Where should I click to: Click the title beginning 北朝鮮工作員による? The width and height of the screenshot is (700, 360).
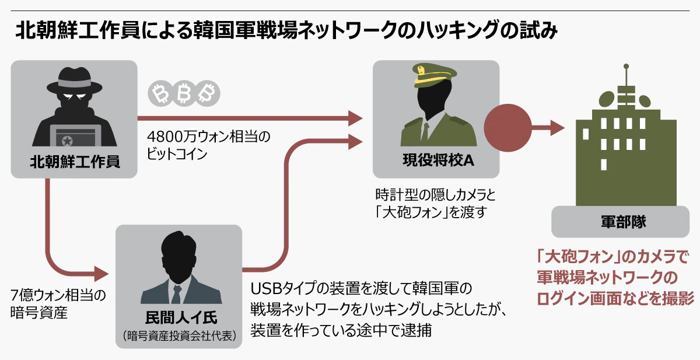click(285, 31)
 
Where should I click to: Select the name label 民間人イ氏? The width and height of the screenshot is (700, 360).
click(179, 318)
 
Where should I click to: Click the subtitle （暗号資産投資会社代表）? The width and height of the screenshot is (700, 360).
click(179, 335)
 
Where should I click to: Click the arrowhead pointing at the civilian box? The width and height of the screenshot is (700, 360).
click(103, 272)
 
